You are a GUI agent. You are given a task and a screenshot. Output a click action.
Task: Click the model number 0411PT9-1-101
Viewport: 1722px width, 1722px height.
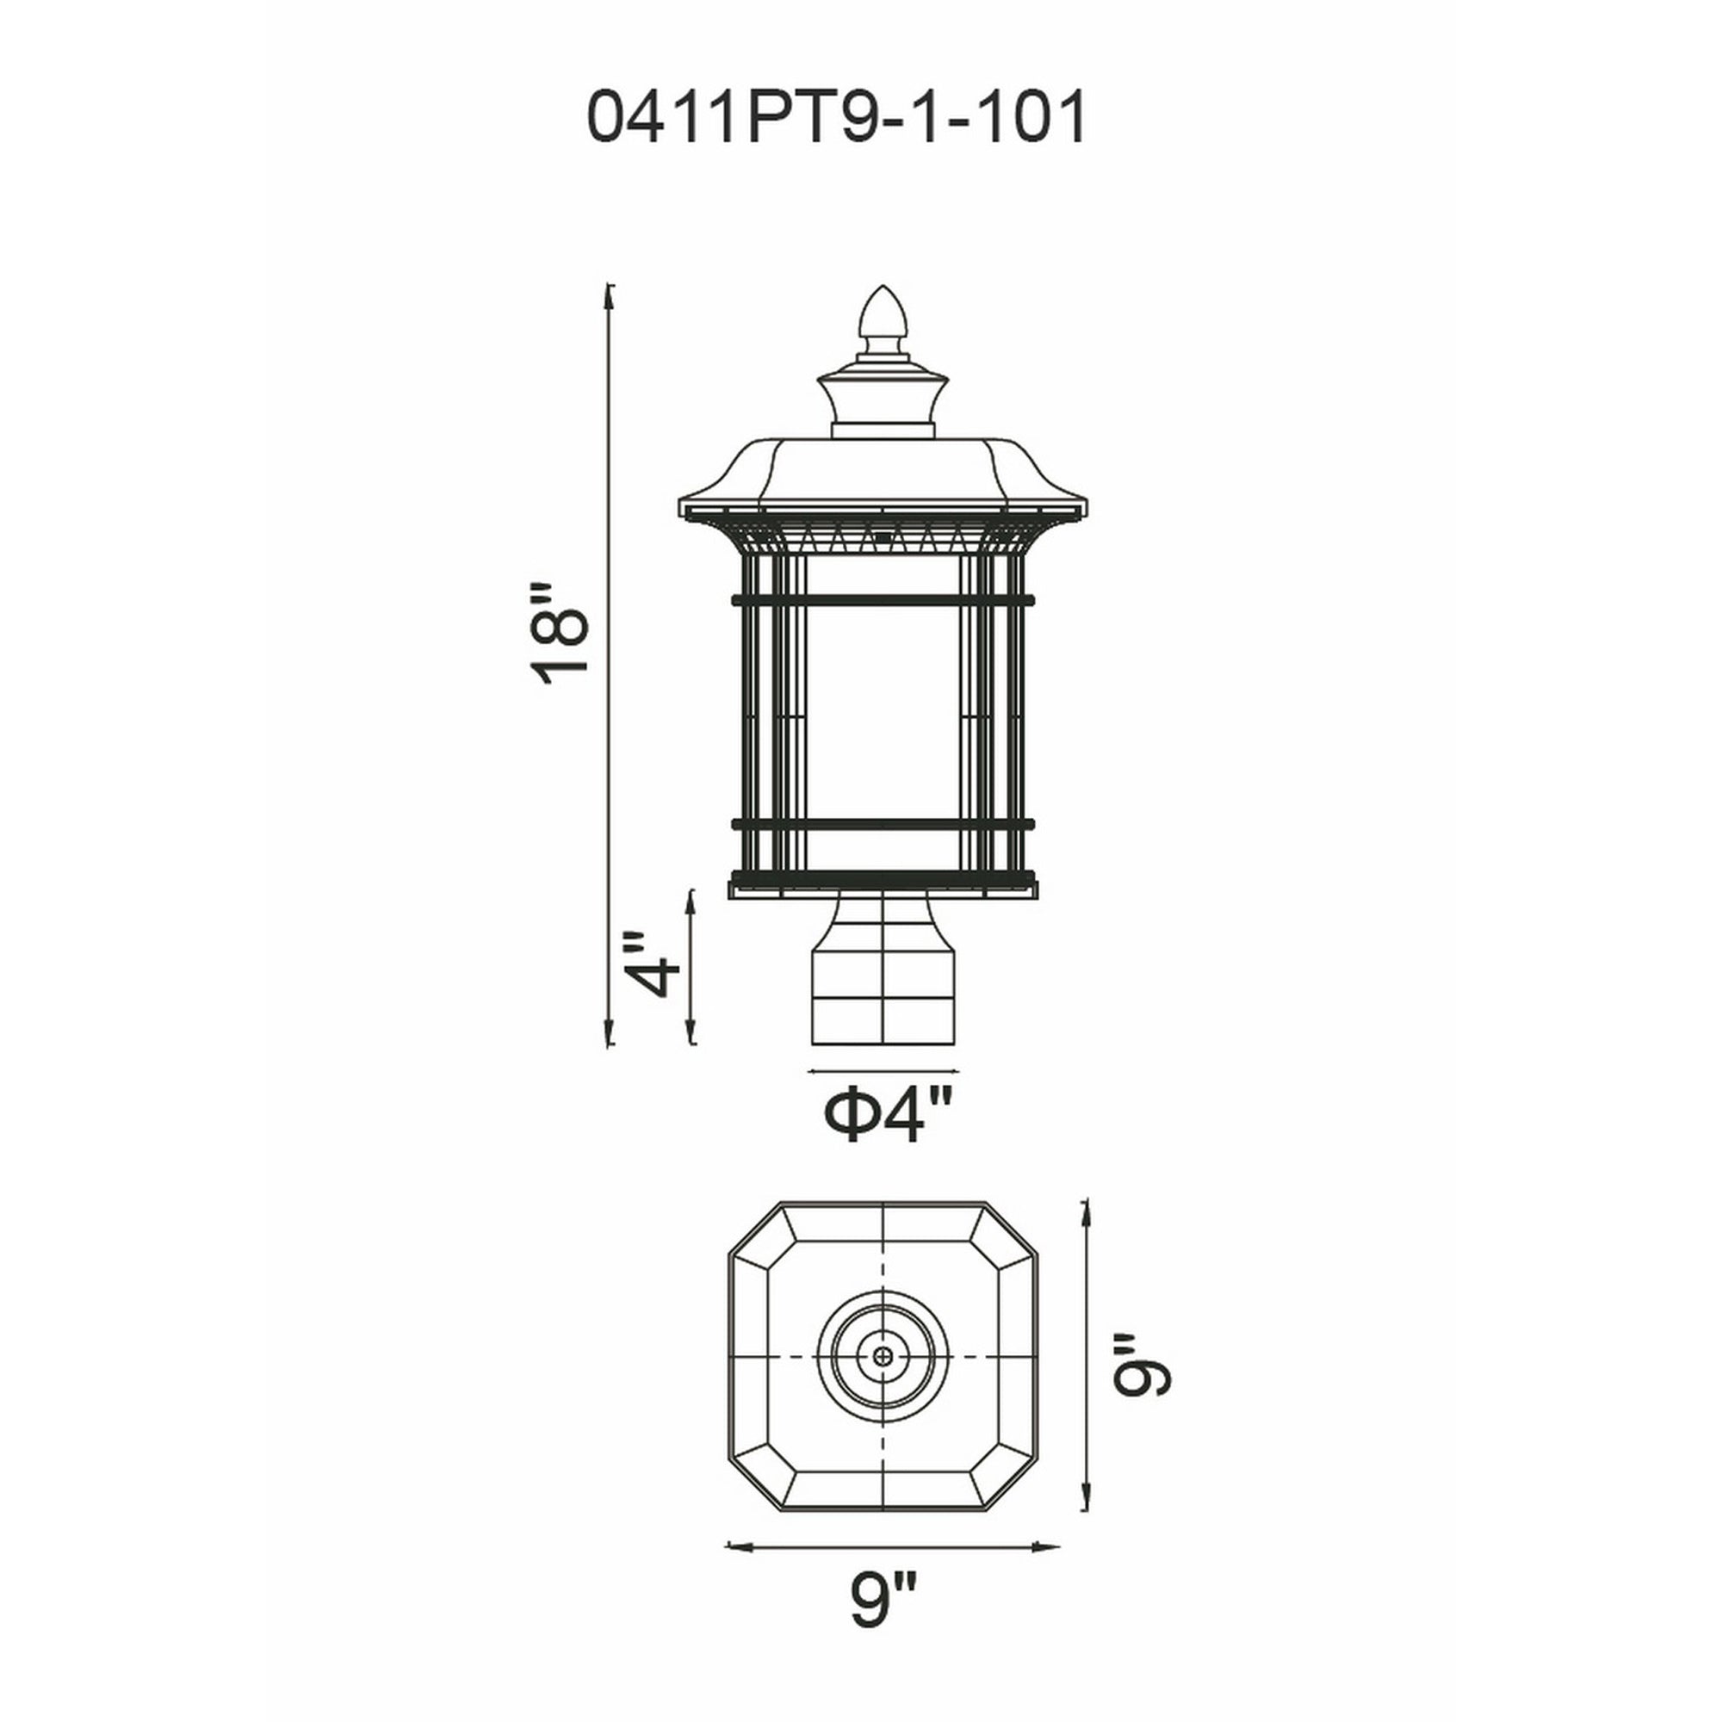(x=837, y=118)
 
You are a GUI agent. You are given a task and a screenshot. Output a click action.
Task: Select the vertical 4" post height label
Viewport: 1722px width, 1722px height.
(x=653, y=966)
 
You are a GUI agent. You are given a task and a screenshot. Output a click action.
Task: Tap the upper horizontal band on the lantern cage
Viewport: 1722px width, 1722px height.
(x=883, y=600)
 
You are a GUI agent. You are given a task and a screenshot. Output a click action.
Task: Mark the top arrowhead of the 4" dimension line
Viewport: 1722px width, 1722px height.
(x=691, y=894)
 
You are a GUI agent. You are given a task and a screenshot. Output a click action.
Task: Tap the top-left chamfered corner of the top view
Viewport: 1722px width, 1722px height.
(x=753, y=1230)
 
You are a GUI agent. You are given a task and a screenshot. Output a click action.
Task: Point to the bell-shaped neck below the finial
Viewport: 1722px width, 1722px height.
(x=883, y=401)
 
